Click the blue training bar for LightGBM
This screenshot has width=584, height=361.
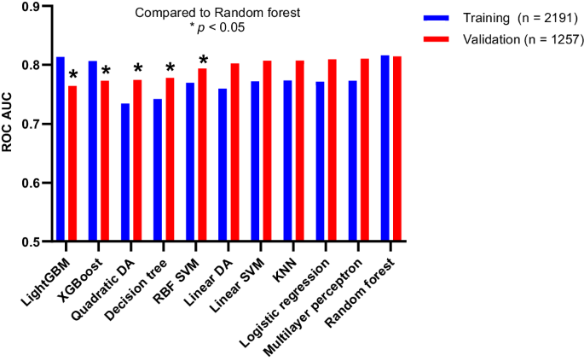(x=61, y=148)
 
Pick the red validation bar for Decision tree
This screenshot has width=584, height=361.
(x=170, y=160)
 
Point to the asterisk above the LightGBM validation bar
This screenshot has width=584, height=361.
(x=72, y=74)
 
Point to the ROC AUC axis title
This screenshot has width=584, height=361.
(x=8, y=124)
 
